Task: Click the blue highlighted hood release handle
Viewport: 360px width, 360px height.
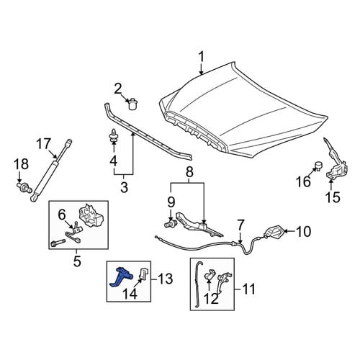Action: pyautogui.click(x=120, y=276)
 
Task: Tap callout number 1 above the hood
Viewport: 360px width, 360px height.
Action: pyautogui.click(x=201, y=57)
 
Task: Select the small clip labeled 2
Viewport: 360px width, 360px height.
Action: pyautogui.click(x=132, y=104)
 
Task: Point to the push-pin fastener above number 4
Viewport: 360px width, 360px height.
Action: pyautogui.click(x=114, y=135)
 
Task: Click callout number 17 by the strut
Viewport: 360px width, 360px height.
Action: pyautogui.click(x=44, y=144)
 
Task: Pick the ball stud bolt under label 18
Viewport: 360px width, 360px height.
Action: pyautogui.click(x=24, y=187)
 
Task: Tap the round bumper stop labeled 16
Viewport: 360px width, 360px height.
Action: pyautogui.click(x=318, y=166)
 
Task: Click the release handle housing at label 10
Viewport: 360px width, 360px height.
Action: pyautogui.click(x=274, y=233)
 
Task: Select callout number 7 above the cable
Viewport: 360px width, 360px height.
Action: pyautogui.click(x=240, y=226)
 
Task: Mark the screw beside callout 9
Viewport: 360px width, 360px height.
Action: pyautogui.click(x=170, y=225)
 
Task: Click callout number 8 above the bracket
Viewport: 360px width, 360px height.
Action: pyautogui.click(x=189, y=172)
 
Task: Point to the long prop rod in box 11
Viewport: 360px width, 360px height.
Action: pyautogui.click(x=198, y=284)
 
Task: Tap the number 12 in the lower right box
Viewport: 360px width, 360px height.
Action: pyautogui.click(x=212, y=298)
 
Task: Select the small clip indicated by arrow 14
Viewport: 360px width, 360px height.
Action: pyautogui.click(x=144, y=274)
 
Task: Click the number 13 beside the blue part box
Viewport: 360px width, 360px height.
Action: pyautogui.click(x=165, y=279)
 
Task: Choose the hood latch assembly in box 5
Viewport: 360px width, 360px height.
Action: pyautogui.click(x=91, y=215)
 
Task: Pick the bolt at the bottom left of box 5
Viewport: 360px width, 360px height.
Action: pyautogui.click(x=58, y=243)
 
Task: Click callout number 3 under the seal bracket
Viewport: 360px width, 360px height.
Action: pyautogui.click(x=124, y=187)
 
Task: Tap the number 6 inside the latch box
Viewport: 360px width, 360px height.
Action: pyautogui.click(x=62, y=215)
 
